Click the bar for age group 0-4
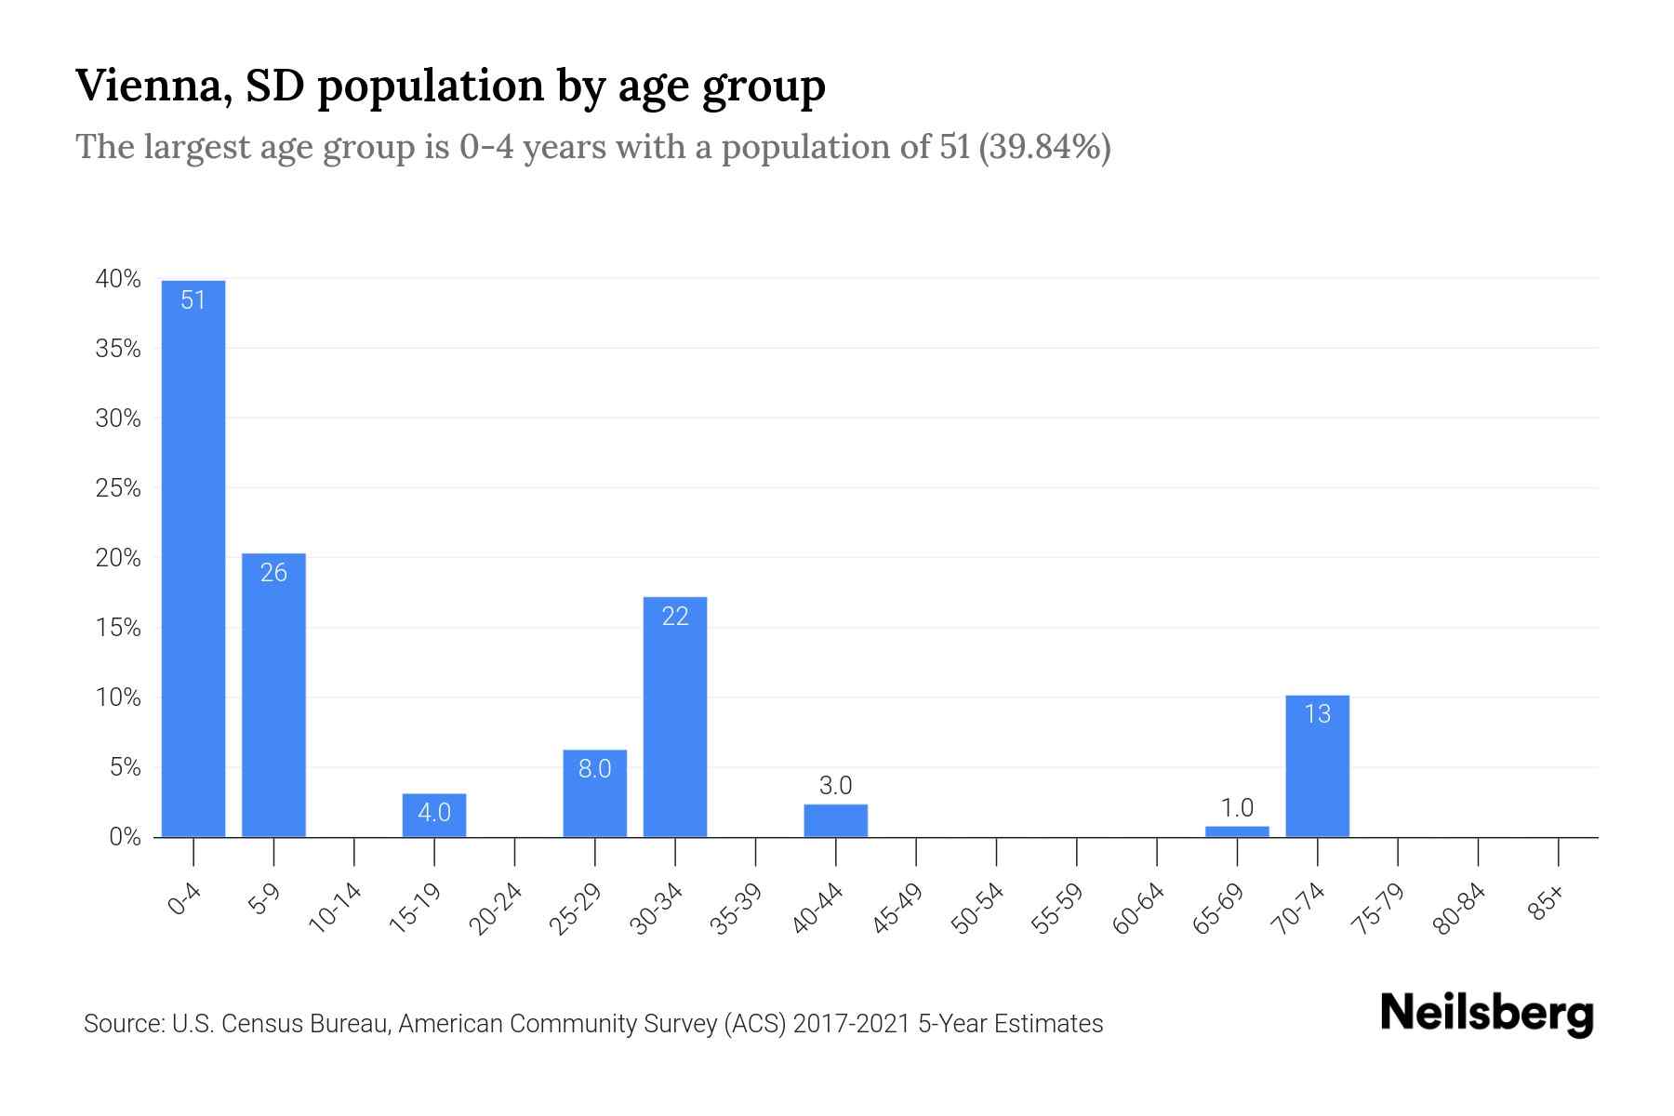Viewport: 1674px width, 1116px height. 193,558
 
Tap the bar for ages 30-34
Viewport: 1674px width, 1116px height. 675,716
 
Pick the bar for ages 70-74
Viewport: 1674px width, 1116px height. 1317,766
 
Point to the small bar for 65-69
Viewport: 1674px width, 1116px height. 1237,831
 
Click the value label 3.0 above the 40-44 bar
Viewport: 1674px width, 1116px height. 835,786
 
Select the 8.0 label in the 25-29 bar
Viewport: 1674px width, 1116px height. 594,769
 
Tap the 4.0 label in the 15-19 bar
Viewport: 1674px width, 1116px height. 433,813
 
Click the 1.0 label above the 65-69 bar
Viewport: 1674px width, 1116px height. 1237,807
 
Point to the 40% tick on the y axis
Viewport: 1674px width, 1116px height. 118,279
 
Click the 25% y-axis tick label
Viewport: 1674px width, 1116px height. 118,488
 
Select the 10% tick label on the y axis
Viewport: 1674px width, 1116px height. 118,697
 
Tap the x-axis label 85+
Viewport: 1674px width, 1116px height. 1548,903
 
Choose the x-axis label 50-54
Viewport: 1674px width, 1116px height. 978,909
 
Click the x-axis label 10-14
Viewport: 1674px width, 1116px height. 336,909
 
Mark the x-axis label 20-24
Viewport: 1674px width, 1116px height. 497,909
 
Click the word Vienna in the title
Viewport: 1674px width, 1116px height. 153,86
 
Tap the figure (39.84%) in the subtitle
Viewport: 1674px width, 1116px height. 1044,147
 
